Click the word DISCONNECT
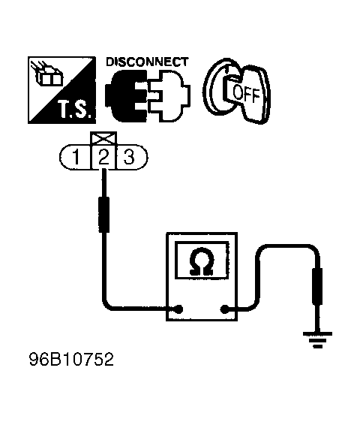(x=147, y=62)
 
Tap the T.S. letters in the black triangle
(x=73, y=110)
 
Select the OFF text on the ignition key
(x=246, y=94)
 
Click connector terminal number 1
(x=76, y=157)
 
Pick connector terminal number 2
(x=103, y=157)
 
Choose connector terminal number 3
(x=129, y=157)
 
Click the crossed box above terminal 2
(x=103, y=139)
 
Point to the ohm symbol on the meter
(x=202, y=262)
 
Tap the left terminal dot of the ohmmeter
(x=178, y=309)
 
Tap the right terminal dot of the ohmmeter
(x=224, y=309)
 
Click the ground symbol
(x=317, y=340)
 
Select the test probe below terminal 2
(x=104, y=215)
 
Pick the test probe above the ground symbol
(x=317, y=286)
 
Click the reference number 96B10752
(x=71, y=360)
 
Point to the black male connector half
(x=126, y=95)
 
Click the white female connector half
(x=169, y=95)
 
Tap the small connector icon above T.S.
(x=47, y=74)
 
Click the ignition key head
(x=250, y=93)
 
